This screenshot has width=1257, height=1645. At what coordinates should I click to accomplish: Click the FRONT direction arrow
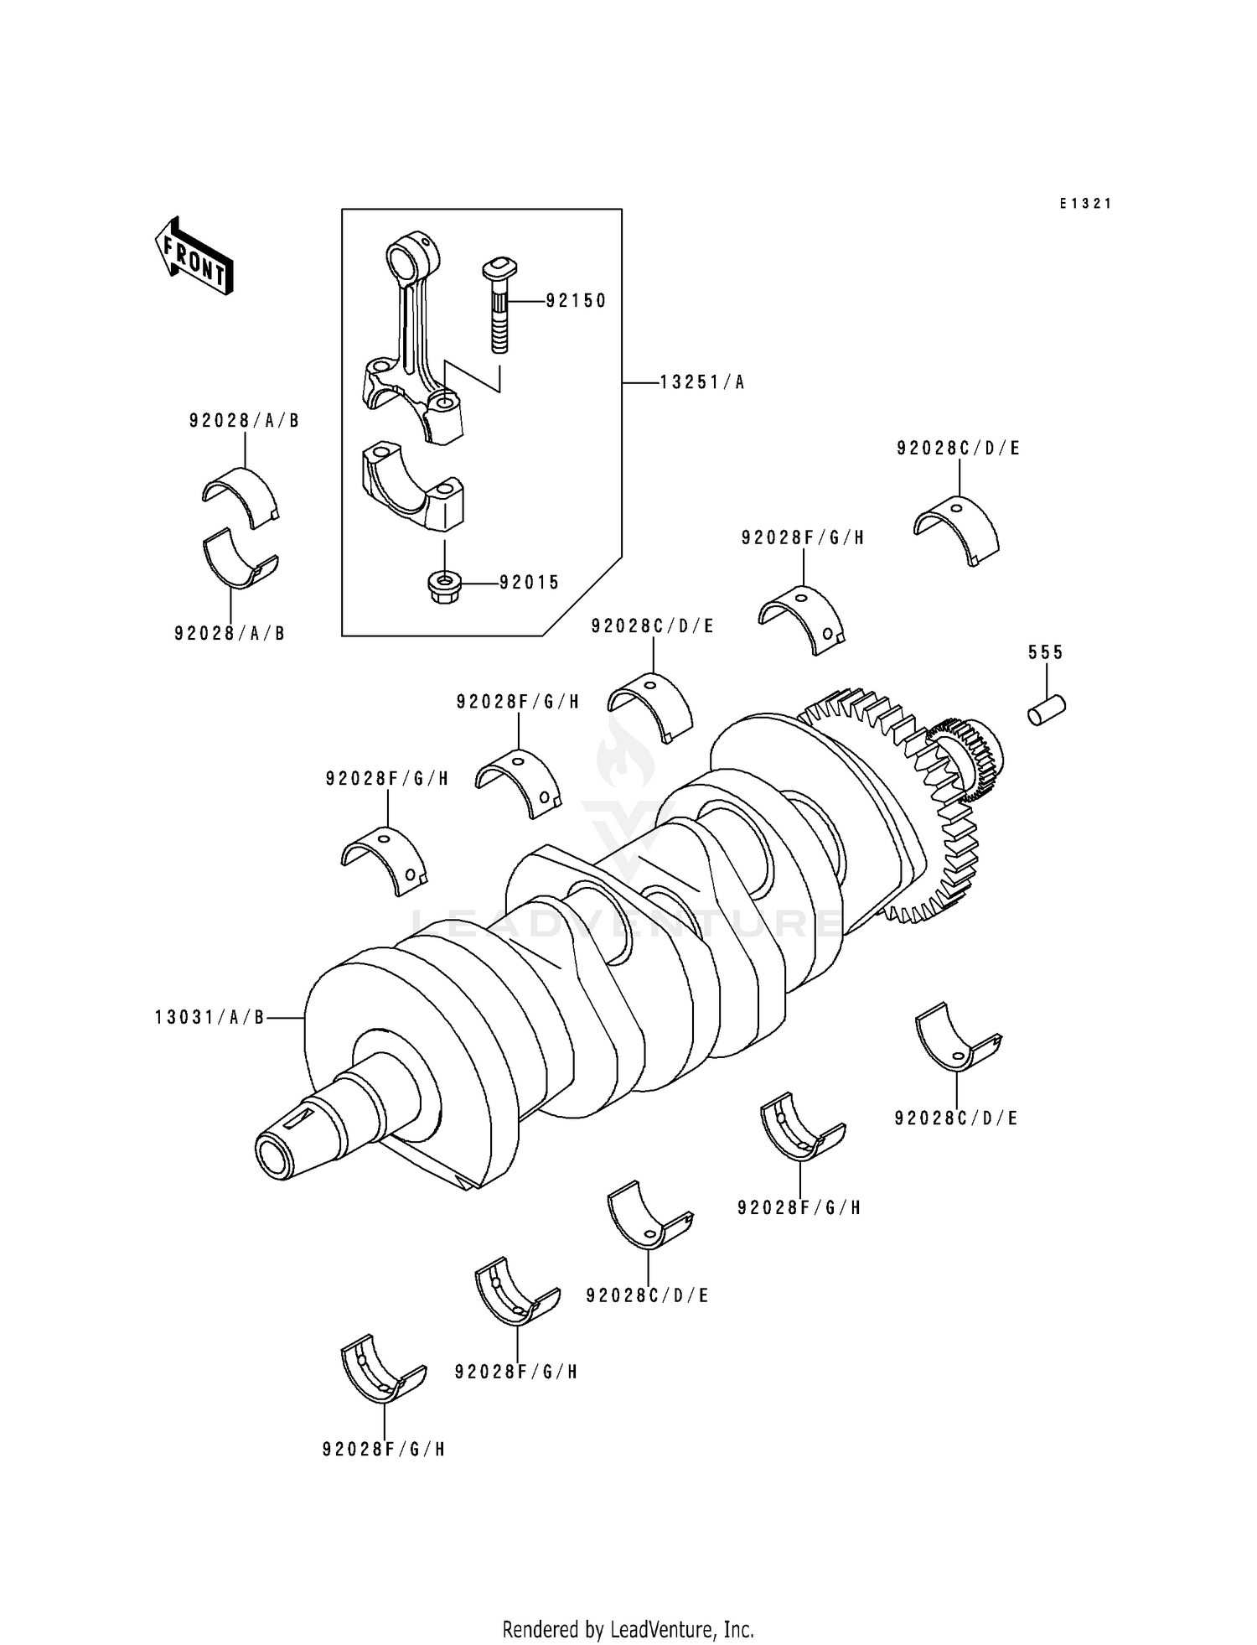pos(194,257)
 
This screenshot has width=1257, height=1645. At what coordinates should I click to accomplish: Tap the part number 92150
pos(576,301)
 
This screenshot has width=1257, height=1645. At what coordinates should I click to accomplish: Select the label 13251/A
pos(701,383)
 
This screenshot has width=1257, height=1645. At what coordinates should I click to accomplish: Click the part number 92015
pos(529,583)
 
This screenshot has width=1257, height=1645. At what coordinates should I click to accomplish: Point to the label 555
pos(1046,652)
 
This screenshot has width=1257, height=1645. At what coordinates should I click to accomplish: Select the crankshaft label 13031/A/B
pos(209,1018)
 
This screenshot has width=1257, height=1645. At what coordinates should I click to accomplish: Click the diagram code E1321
pos(1085,204)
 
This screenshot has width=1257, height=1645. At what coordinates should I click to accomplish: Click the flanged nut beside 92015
pos(444,589)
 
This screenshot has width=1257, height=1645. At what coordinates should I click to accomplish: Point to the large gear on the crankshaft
pos(930,805)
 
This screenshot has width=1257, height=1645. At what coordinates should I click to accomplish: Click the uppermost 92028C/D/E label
pos(958,449)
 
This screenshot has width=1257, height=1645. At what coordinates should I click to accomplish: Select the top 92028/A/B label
pos(244,421)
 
